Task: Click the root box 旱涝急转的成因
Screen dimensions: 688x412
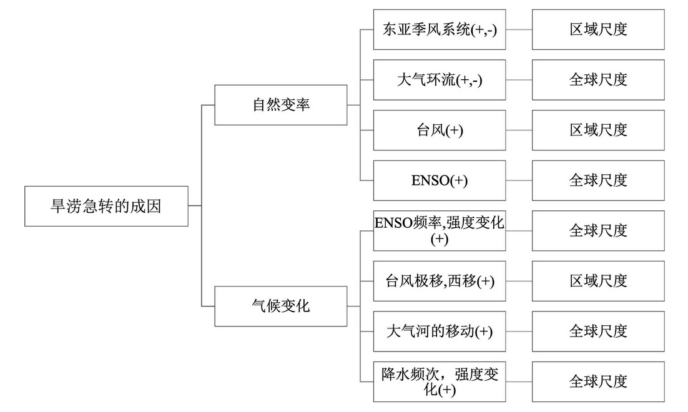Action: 106,206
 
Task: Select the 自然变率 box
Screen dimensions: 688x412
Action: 281,105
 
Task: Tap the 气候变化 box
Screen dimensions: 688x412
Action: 281,307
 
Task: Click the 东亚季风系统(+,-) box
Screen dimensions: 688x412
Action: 440,29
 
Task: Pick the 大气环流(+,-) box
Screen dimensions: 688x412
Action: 440,80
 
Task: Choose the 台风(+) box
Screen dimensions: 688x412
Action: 440,130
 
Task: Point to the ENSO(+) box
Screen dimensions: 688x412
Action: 440,180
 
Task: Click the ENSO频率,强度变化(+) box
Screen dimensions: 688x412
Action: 440,231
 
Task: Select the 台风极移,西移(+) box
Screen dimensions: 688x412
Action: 440,282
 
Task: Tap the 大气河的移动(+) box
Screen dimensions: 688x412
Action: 440,331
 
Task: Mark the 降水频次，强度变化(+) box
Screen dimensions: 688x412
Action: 440,382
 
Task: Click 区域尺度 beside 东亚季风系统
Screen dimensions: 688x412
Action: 599,29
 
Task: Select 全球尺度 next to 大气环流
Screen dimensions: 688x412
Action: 599,80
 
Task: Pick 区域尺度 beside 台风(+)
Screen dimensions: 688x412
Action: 599,130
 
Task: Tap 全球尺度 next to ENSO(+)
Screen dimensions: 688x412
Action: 599,180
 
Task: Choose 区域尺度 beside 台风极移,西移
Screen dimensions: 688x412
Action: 599,282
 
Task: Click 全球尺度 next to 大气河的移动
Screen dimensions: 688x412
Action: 599,331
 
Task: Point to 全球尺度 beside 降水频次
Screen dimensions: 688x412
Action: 599,382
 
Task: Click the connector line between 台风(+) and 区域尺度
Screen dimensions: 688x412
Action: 519,130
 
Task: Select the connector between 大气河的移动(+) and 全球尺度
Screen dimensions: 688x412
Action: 519,331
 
